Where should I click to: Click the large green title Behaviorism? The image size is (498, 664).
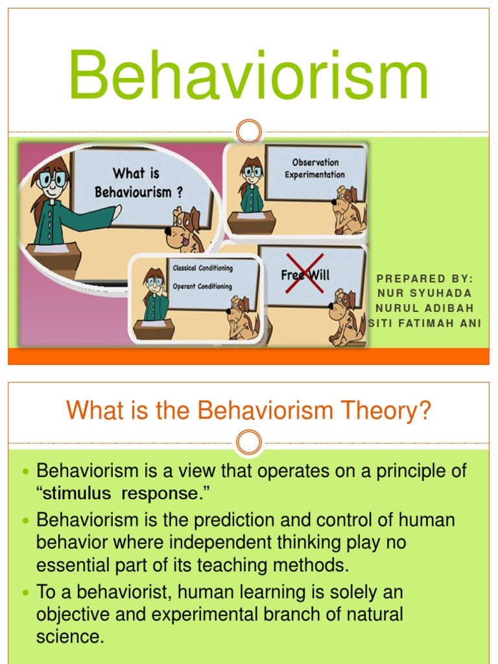click(249, 77)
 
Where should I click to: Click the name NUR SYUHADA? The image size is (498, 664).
click(425, 292)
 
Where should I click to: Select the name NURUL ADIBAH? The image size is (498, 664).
click(425, 307)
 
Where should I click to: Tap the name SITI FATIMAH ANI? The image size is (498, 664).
click(425, 322)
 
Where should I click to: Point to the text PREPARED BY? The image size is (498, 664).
click(425, 278)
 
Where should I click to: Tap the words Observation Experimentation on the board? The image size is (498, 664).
click(314, 169)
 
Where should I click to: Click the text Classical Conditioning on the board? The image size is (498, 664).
click(202, 268)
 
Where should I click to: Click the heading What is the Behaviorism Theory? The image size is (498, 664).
click(249, 411)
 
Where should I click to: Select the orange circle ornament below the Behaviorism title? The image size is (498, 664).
click(248, 132)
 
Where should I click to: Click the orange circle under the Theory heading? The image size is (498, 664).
click(248, 444)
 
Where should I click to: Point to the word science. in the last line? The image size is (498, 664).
click(70, 636)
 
